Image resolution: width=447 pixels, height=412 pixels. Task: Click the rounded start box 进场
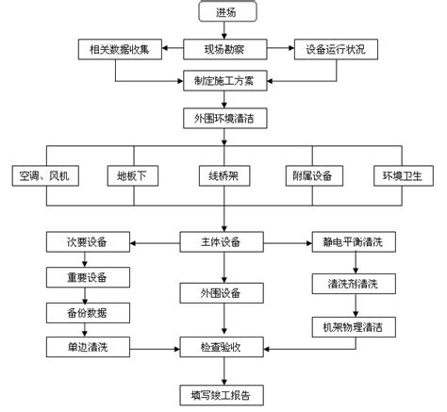[227, 12]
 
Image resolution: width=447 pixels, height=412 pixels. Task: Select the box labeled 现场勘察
[225, 49]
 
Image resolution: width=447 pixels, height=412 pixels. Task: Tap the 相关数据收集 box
[120, 49]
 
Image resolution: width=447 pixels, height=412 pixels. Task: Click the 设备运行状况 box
[336, 49]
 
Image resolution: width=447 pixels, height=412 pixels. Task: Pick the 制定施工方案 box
[225, 81]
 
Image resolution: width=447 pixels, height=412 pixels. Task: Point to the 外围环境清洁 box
[225, 119]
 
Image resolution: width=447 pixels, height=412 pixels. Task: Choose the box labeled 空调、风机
[45, 175]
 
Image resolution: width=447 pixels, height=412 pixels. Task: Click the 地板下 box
[133, 175]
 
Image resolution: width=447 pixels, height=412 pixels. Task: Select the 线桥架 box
[224, 175]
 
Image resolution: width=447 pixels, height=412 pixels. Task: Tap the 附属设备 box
[314, 175]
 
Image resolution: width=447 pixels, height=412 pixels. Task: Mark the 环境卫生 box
[404, 175]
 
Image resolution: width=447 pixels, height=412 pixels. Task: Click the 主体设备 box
[222, 242]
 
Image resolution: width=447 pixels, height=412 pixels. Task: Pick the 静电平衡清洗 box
[354, 242]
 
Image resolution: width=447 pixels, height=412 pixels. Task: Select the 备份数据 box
[88, 313]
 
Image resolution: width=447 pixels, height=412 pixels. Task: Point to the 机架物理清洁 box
[354, 327]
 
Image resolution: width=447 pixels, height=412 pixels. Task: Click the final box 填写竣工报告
[222, 395]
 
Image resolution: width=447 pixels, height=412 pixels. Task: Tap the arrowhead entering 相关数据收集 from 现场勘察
[165, 48]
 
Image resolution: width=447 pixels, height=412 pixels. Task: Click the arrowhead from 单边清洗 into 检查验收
[177, 349]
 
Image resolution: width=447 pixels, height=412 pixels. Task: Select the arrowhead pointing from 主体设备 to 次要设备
[133, 243]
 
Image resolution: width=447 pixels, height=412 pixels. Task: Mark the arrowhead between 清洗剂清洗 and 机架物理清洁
[356, 314]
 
